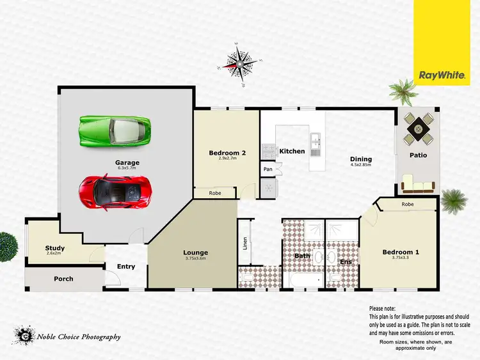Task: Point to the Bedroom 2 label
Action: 227,153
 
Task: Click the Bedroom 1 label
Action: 401,252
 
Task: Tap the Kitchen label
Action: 292,151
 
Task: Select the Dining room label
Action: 360,159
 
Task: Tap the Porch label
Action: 63,279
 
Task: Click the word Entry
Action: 126,267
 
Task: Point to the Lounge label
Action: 196,253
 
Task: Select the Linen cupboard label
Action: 244,243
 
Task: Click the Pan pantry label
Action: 268,169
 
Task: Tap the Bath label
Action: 302,256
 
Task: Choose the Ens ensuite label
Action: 346,262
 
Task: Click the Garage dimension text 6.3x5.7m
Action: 127,169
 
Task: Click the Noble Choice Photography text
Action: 79,337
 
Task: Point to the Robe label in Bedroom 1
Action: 407,205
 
